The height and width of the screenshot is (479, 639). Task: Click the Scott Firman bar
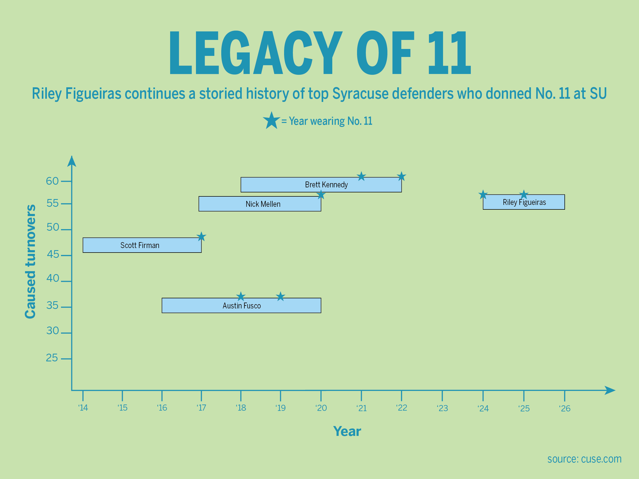pos(142,245)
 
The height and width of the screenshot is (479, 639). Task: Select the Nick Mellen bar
pos(259,204)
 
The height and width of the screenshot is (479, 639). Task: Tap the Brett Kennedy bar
pos(321,184)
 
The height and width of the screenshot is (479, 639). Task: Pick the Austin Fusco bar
pos(241,305)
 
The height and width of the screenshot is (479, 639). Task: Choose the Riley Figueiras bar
pos(523,202)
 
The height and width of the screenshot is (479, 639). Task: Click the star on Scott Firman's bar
pos(201,237)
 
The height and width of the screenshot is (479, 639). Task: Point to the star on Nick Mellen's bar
pos(321,195)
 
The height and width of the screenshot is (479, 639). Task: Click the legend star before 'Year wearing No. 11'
pos(271,121)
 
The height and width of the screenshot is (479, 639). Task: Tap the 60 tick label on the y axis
pos(52,181)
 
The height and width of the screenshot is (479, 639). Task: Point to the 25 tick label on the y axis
pos(52,358)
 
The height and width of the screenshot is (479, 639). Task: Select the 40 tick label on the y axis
pos(52,278)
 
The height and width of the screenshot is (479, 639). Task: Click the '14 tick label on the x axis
pos(83,408)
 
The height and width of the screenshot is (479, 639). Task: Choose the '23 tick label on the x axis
pos(442,408)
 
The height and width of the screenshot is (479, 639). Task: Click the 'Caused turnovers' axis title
pos(30,261)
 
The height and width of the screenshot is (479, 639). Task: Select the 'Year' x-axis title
pos(347,431)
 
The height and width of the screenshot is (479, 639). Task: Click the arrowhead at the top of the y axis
pos(72,162)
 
